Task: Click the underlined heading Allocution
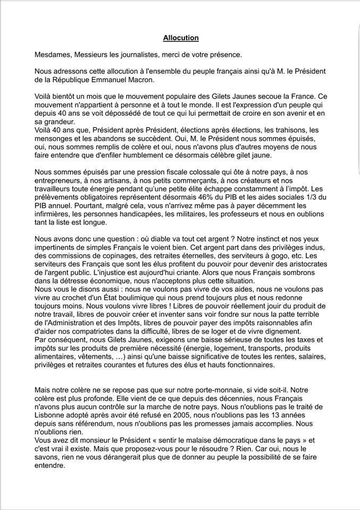point(180,38)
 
